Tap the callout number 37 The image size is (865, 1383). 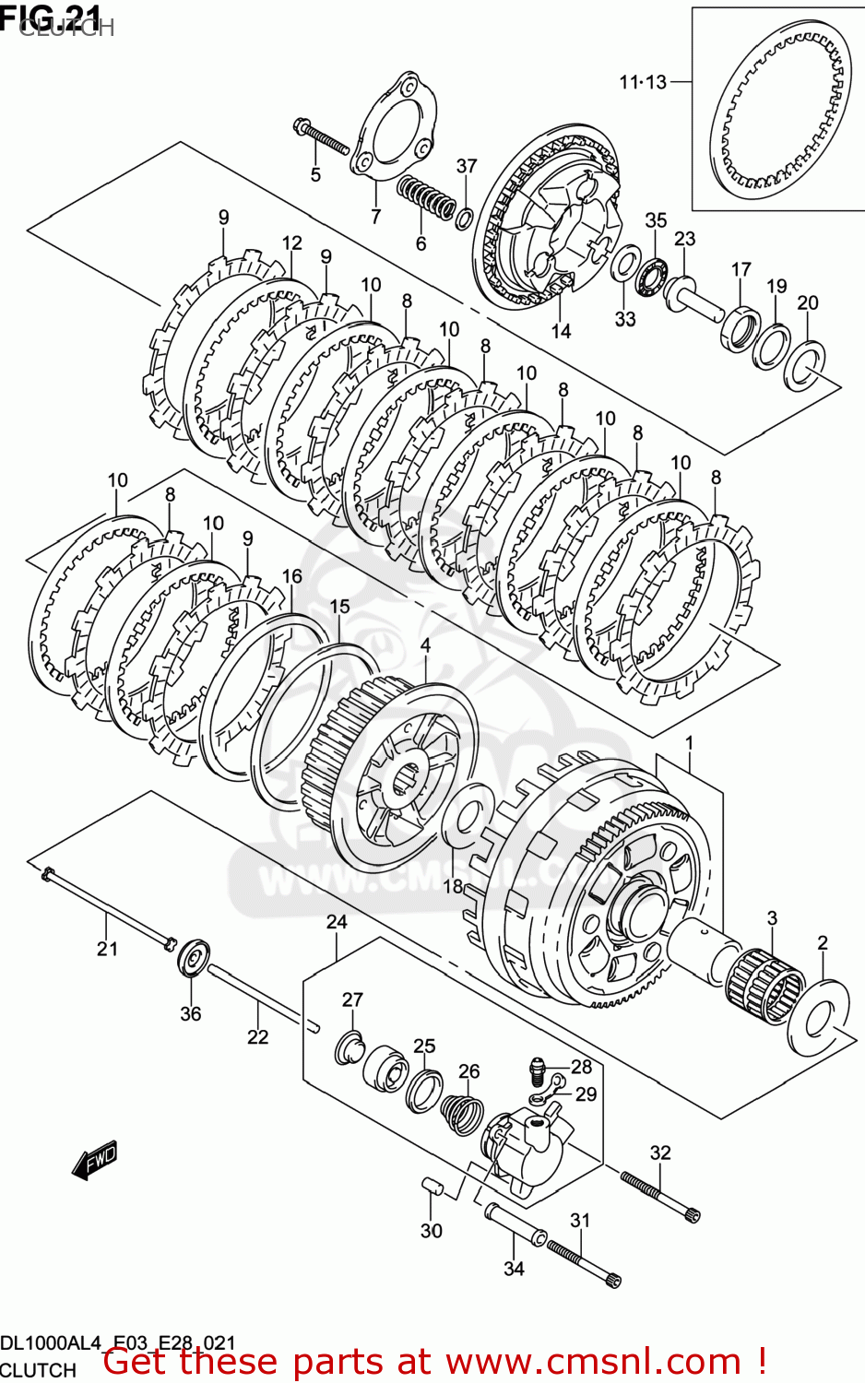coord(467,166)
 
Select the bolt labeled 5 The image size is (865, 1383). coord(320,136)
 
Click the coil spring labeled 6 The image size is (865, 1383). coord(425,198)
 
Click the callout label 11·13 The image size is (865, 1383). coord(642,82)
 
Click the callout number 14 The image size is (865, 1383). coord(561,331)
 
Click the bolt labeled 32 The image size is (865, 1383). coord(659,1195)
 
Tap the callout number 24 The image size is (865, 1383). coord(337,921)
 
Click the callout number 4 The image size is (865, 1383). coord(425,645)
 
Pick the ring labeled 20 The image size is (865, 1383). coord(805,365)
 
